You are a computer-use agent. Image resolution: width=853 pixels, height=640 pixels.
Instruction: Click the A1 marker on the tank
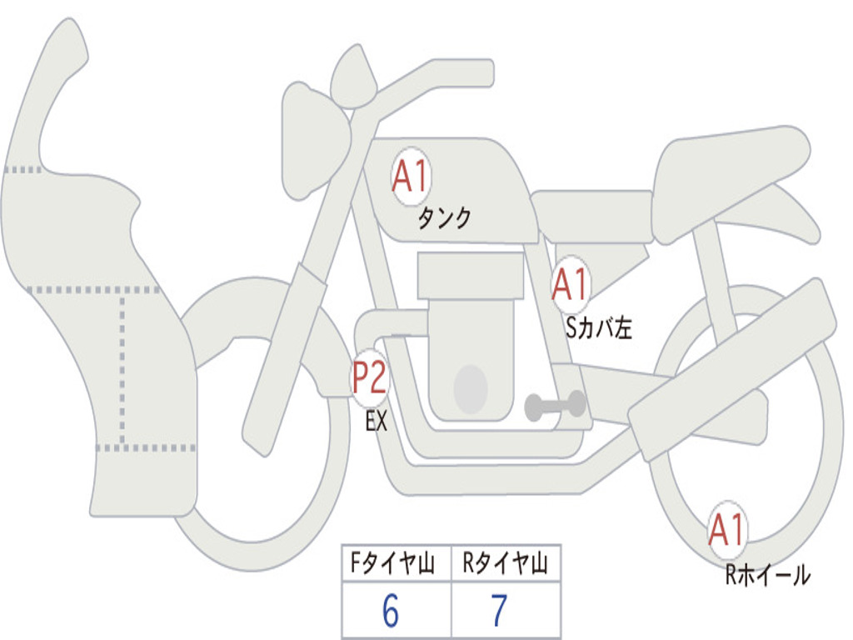pyautogui.click(x=410, y=176)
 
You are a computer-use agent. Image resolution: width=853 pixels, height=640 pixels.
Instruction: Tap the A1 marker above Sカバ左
pyautogui.click(x=571, y=285)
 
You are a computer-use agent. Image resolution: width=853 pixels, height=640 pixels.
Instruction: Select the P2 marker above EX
pyautogui.click(x=369, y=377)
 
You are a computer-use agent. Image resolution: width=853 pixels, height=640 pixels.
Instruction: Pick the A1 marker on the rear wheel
pyautogui.click(x=726, y=530)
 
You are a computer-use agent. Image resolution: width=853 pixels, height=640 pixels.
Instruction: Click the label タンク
pyautogui.click(x=444, y=219)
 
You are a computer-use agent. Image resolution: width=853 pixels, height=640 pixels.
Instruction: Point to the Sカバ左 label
pyautogui.click(x=599, y=328)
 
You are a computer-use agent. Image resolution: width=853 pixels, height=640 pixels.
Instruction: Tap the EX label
pyautogui.click(x=377, y=422)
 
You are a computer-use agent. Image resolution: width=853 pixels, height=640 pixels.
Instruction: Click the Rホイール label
pyautogui.click(x=767, y=575)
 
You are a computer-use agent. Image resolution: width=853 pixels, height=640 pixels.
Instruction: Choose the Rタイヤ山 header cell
pyautogui.click(x=505, y=564)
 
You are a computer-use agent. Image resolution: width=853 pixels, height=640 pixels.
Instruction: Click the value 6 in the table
pyautogui.click(x=391, y=612)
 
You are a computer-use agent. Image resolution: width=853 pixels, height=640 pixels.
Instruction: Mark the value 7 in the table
pyautogui.click(x=500, y=612)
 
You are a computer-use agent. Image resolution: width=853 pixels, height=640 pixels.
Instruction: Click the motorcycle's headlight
pyautogui.click(x=312, y=140)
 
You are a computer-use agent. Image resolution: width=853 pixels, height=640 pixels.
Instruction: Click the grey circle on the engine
pyautogui.click(x=471, y=389)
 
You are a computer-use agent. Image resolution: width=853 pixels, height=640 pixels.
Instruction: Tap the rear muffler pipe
pyautogui.click(x=733, y=367)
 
